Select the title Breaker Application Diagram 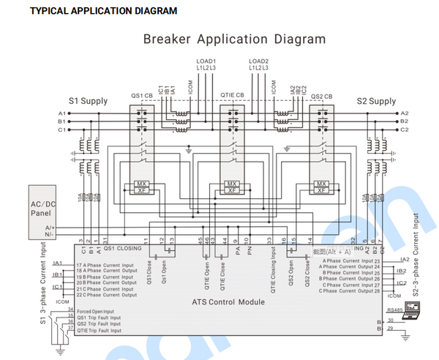(234, 40)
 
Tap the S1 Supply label (89, 101)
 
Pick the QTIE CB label (233, 96)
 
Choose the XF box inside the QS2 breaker (320, 190)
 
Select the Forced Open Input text (95, 311)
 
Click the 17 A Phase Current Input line (105, 264)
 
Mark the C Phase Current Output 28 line (350, 290)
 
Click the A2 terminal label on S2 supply (405, 113)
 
